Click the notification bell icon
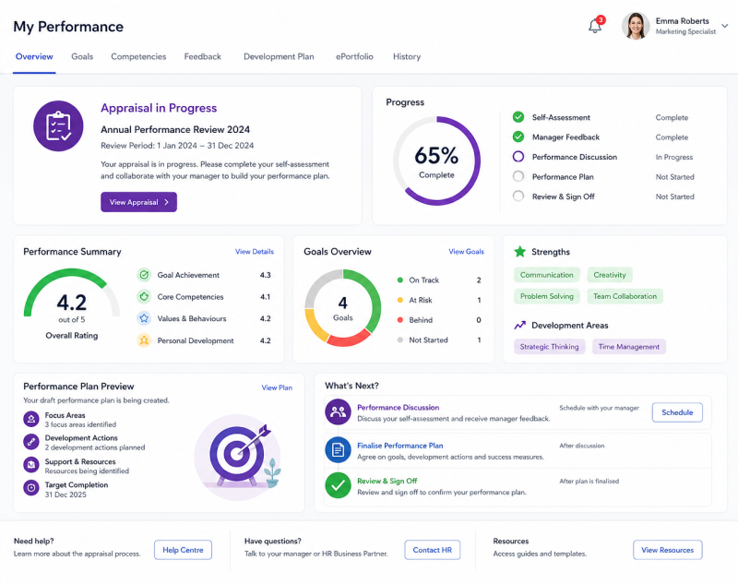(x=595, y=26)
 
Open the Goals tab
(x=82, y=56)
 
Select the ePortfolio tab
(x=354, y=56)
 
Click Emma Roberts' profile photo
(x=636, y=26)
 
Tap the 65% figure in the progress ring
(x=436, y=155)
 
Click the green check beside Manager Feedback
(x=518, y=137)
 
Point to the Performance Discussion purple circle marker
(x=518, y=157)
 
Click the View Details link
(x=255, y=252)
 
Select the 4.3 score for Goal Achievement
(x=266, y=275)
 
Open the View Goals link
(x=466, y=252)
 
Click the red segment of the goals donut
(x=349, y=339)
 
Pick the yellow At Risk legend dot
(x=400, y=300)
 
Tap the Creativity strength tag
(x=610, y=275)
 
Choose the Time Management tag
(x=629, y=346)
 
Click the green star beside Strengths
(x=520, y=252)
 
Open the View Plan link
(x=277, y=387)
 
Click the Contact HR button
(x=432, y=550)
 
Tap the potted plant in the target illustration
(x=272, y=472)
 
